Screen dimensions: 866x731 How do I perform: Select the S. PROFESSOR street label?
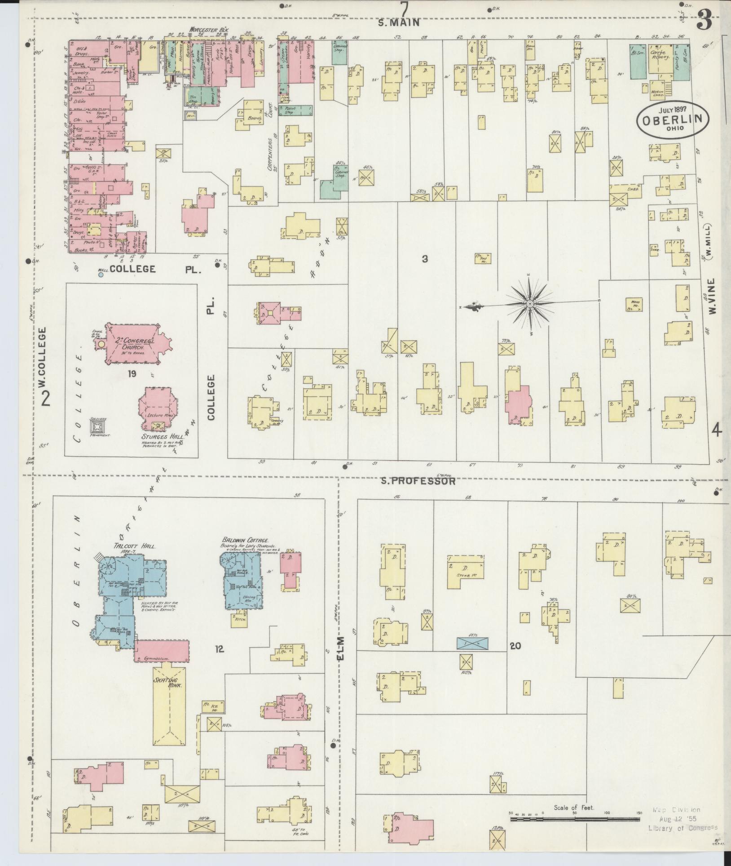tap(418, 481)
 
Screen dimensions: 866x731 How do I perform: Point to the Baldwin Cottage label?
tap(245, 540)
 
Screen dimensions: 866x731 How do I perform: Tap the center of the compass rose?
tap(530, 304)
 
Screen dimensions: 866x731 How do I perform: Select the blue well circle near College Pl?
tap(101, 273)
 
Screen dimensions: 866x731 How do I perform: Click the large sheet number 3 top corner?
tap(704, 20)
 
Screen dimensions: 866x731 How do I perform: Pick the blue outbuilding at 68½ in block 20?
tap(472, 643)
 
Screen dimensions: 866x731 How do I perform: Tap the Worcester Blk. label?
tap(209, 29)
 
